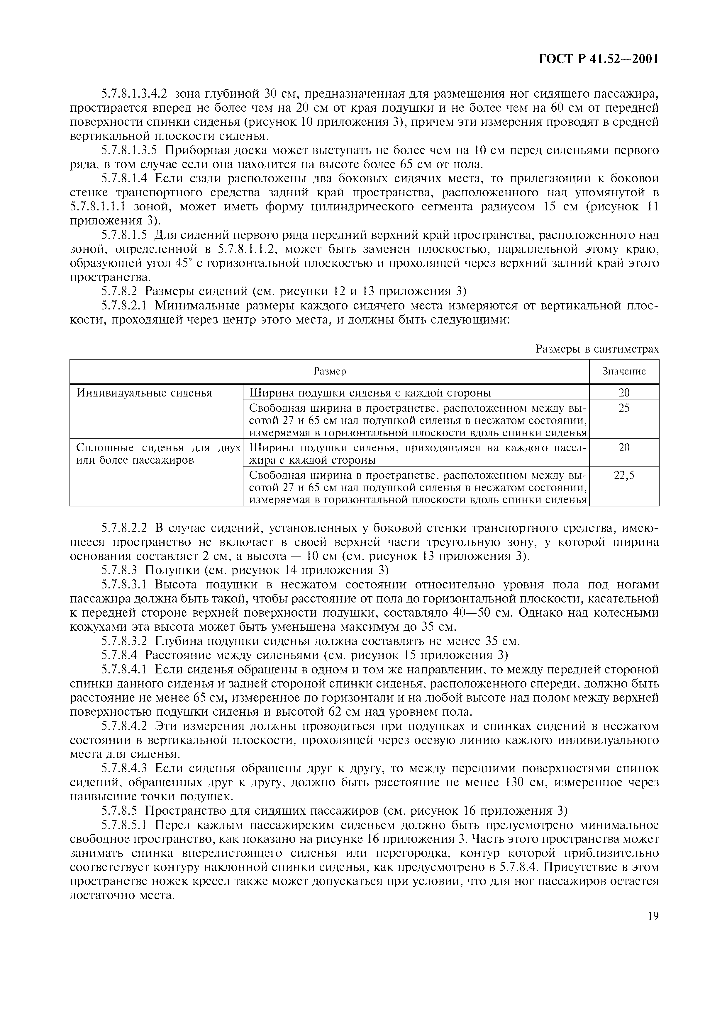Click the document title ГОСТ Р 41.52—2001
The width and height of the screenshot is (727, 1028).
coord(599,59)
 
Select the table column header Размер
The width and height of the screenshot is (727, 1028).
coord(330,371)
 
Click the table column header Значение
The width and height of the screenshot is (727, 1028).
coord(624,371)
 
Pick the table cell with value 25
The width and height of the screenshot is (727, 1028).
coord(624,408)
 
